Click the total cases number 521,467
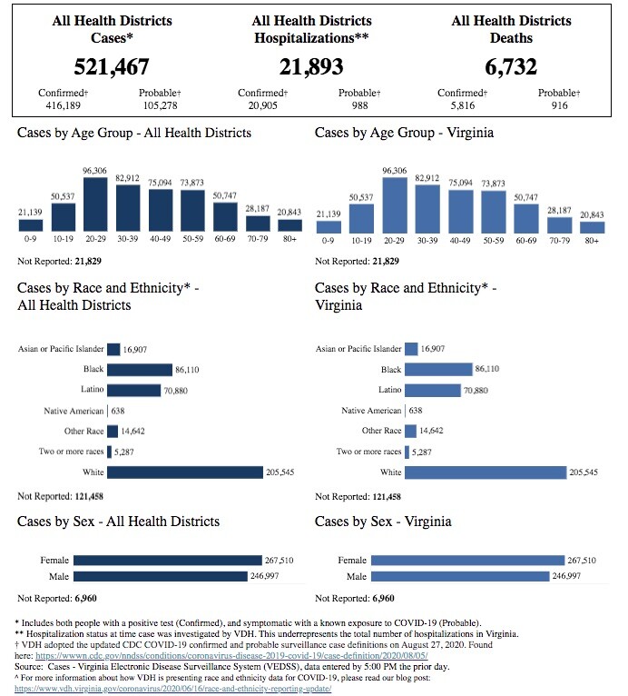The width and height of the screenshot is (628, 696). [112, 67]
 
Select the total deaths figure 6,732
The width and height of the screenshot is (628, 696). [511, 67]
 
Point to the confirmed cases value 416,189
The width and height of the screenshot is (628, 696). [61, 105]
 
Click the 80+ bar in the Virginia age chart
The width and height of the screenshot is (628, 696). [593, 227]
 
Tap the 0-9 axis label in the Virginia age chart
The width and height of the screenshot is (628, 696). [329, 241]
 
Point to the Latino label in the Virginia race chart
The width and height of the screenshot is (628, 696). [389, 390]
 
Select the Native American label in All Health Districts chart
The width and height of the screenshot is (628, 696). [74, 411]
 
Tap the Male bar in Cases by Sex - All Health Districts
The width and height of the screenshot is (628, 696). [160, 576]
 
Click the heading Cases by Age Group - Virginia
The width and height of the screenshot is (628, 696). [405, 133]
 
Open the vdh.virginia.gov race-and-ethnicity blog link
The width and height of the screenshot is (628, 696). [173, 689]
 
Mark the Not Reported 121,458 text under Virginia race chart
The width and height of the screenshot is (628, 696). [358, 496]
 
